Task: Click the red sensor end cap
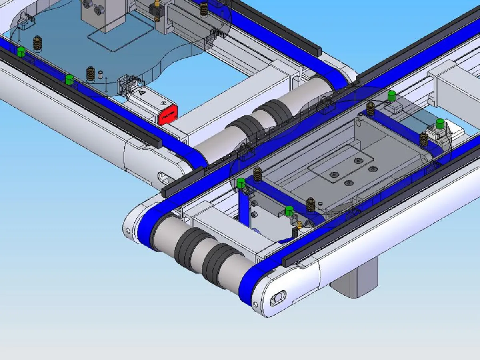point(168,114)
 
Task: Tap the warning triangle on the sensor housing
point(143,93)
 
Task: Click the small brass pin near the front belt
point(298,232)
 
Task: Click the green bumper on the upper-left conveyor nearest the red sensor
point(69,79)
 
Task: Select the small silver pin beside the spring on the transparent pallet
point(101,74)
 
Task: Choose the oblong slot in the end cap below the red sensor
point(164,176)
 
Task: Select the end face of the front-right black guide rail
point(285,262)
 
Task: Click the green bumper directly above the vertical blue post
point(241,183)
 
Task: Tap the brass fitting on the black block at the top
point(157,4)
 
